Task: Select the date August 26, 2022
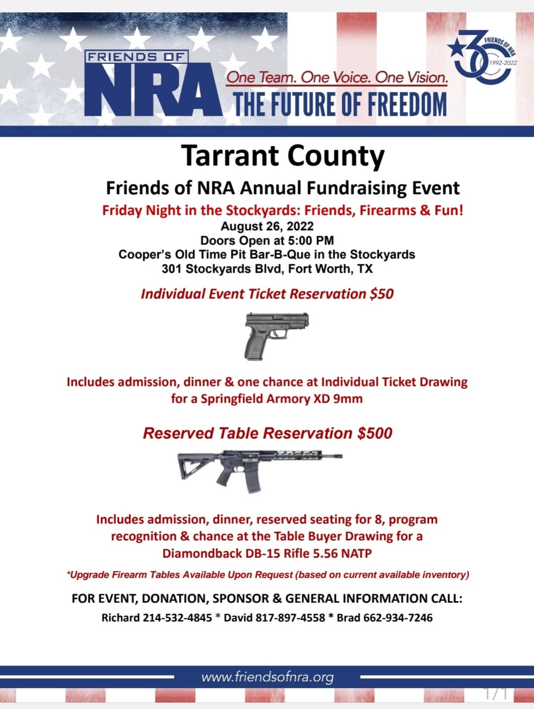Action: (x=267, y=226)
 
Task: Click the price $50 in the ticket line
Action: (x=382, y=294)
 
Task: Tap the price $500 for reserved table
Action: (x=375, y=433)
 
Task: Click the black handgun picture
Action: (x=276, y=334)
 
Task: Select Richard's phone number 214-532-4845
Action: (x=178, y=618)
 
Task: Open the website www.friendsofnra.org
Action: (x=267, y=677)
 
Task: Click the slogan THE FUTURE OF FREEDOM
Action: (x=340, y=104)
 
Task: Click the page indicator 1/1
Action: (x=495, y=694)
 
